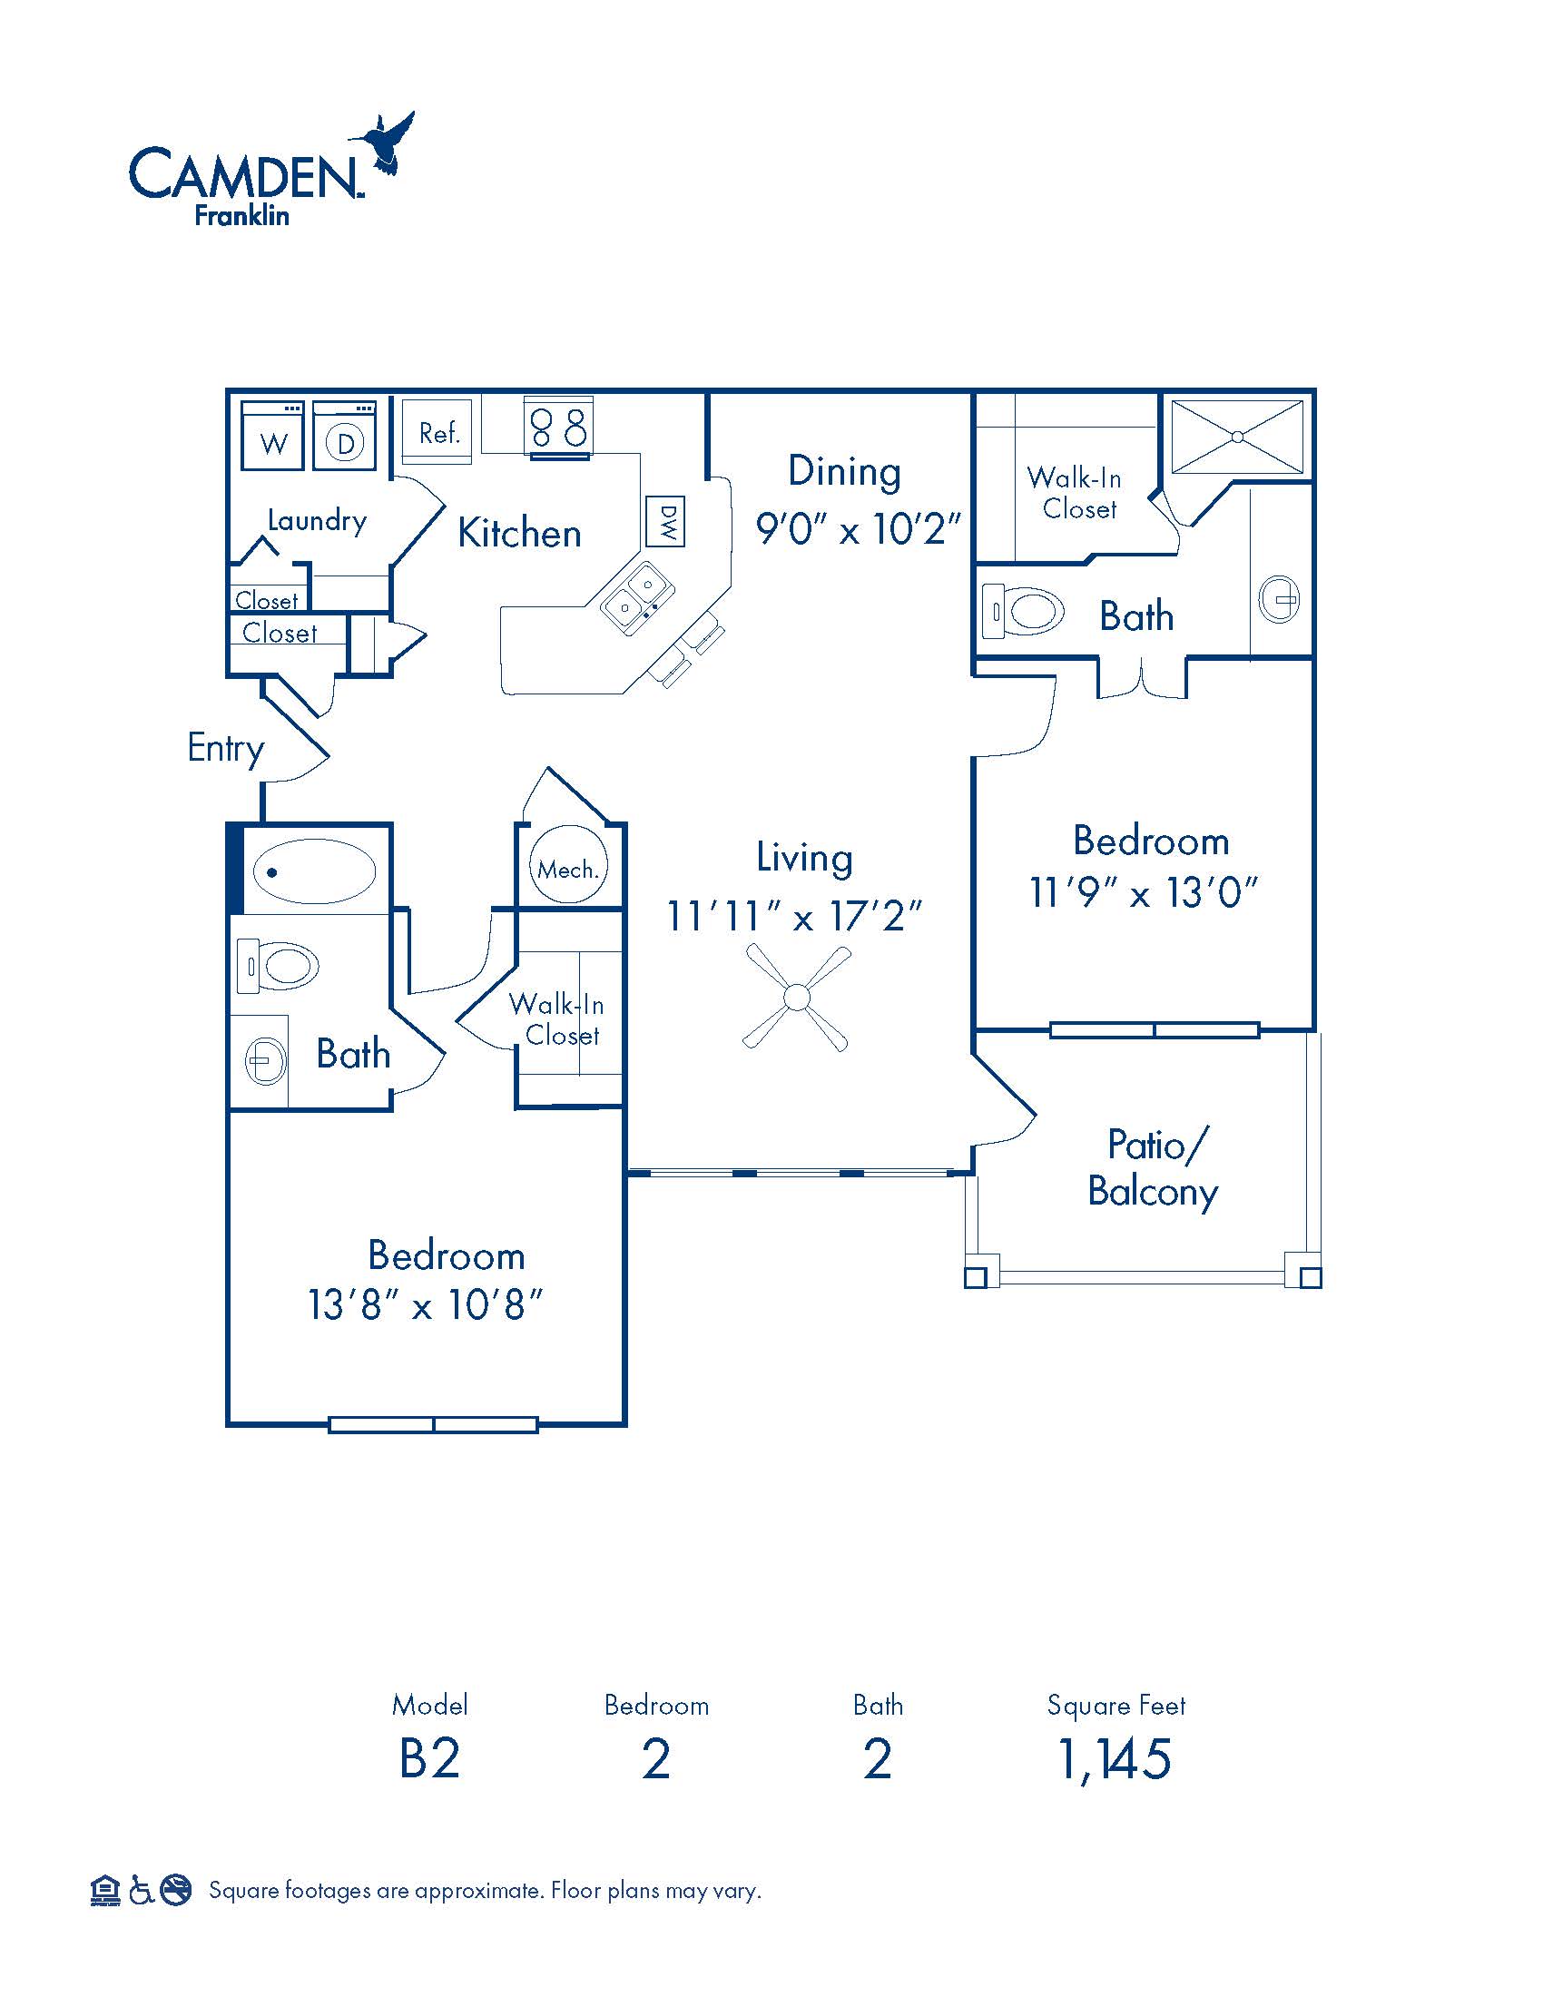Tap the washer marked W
pyautogui.click(x=272, y=436)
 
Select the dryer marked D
pyautogui.click(x=345, y=436)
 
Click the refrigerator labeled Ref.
pyautogui.click(x=437, y=431)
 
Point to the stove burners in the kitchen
pyautogui.click(x=559, y=426)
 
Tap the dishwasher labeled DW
pyautogui.click(x=665, y=521)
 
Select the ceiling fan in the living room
pyautogui.click(x=797, y=998)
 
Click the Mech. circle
pyautogui.click(x=567, y=865)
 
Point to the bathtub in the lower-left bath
pyautogui.click(x=313, y=871)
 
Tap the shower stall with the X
pyautogui.click(x=1238, y=438)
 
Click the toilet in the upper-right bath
pyautogui.click(x=1024, y=611)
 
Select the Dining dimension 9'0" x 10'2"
pyautogui.click(x=859, y=528)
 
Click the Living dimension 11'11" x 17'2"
pyautogui.click(x=794, y=915)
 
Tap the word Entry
pyautogui.click(x=226, y=749)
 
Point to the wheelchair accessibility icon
pyautogui.click(x=140, y=1890)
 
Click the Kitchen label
pyautogui.click(x=519, y=533)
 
